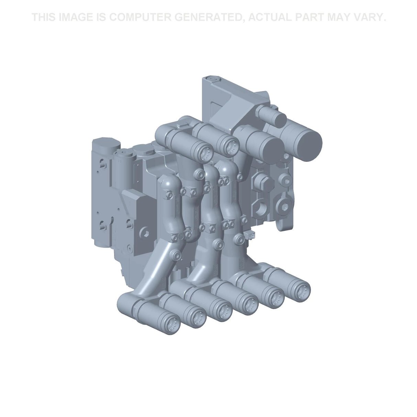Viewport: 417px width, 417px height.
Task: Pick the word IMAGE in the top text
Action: tap(76, 17)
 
